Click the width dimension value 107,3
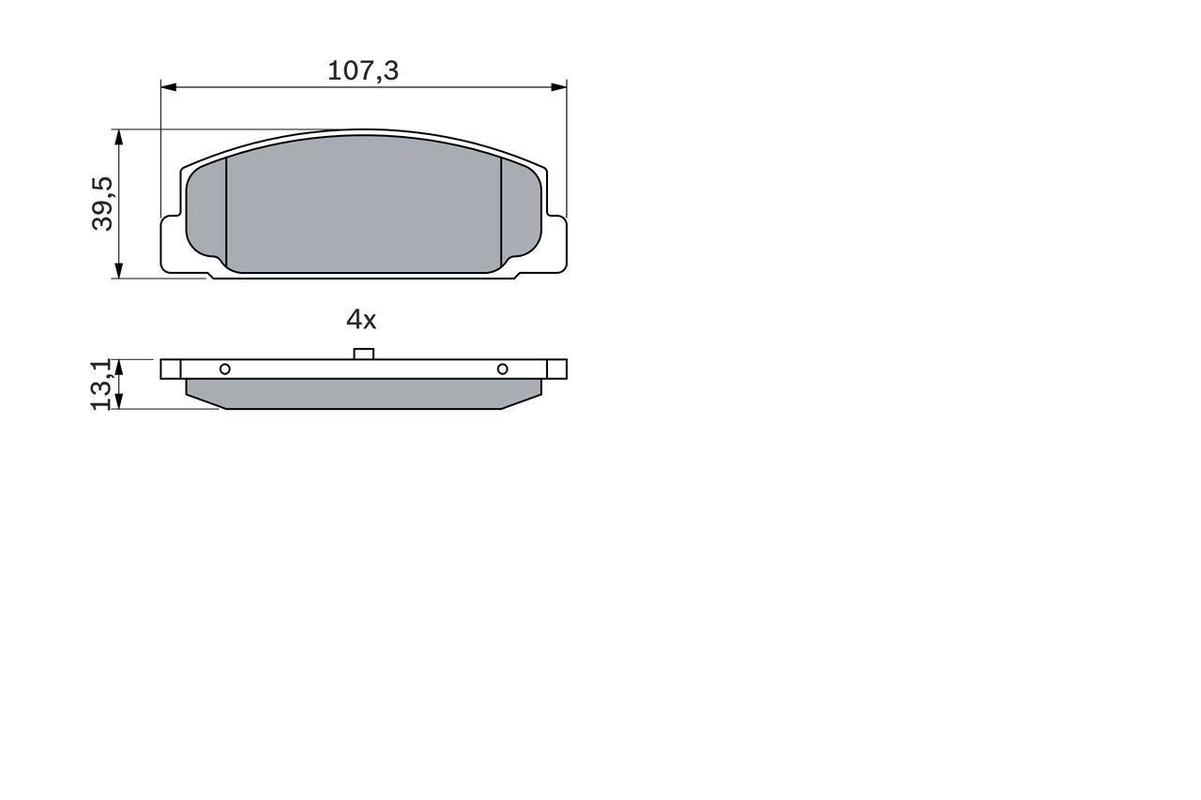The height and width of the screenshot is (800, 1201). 363,70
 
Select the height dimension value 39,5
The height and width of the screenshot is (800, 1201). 103,204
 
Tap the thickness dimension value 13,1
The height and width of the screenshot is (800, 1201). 102,384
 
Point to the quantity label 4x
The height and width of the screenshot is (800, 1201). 361,320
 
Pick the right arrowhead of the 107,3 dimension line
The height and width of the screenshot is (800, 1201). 559,87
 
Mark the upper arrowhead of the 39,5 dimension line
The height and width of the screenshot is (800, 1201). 118,137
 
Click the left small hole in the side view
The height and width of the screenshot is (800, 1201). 224,369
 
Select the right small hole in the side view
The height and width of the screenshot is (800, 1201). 502,369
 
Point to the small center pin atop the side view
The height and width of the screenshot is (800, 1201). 363,354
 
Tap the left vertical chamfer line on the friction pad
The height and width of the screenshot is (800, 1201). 227,211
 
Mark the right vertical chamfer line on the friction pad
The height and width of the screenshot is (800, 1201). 501,211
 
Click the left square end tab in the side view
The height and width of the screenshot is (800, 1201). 170,369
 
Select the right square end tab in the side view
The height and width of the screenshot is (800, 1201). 557,369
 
